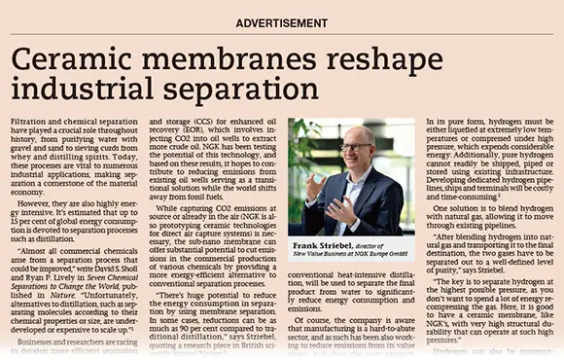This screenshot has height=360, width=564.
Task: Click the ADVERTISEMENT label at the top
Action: click(x=281, y=21)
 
